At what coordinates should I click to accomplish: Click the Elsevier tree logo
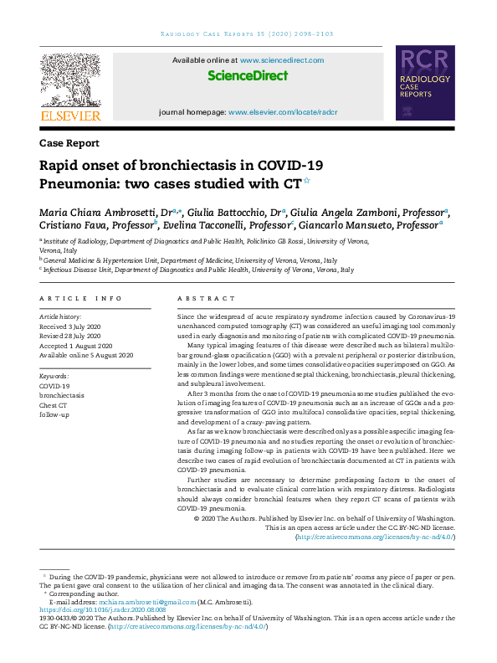(70, 79)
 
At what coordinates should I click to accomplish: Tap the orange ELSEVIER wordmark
(70, 116)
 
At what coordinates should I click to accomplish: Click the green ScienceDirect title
(248, 76)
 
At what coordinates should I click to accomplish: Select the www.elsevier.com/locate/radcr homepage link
(283, 111)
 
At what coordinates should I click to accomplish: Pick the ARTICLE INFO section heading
(80, 298)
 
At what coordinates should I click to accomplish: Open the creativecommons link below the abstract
(376, 537)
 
